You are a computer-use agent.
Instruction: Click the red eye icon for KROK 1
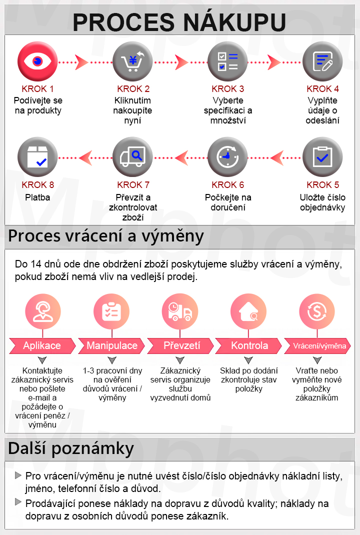(x=37, y=61)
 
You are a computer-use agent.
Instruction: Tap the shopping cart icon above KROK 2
(x=132, y=61)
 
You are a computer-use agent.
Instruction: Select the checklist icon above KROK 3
(x=227, y=61)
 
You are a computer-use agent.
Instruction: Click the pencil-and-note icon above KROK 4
(x=322, y=61)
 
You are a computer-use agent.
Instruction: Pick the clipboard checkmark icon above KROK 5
(x=322, y=157)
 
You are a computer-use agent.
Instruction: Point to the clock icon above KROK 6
(x=227, y=157)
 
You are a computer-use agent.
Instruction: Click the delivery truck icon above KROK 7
(x=132, y=157)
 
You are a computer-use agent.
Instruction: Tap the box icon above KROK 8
(x=37, y=157)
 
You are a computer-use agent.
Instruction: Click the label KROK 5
(x=323, y=185)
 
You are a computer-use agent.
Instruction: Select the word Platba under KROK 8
(x=37, y=197)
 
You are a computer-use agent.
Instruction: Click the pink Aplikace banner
(x=42, y=345)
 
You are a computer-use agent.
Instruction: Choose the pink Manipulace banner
(x=111, y=345)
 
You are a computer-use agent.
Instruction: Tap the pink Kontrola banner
(x=249, y=345)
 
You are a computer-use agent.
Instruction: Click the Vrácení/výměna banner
(x=317, y=345)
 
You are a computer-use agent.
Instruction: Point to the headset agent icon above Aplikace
(x=43, y=311)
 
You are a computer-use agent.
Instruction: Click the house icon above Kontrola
(x=248, y=311)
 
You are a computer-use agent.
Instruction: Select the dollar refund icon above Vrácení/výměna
(x=317, y=311)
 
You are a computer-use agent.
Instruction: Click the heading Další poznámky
(x=71, y=449)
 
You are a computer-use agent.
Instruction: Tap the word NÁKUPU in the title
(x=234, y=22)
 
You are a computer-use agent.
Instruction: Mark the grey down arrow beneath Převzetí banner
(x=180, y=360)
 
